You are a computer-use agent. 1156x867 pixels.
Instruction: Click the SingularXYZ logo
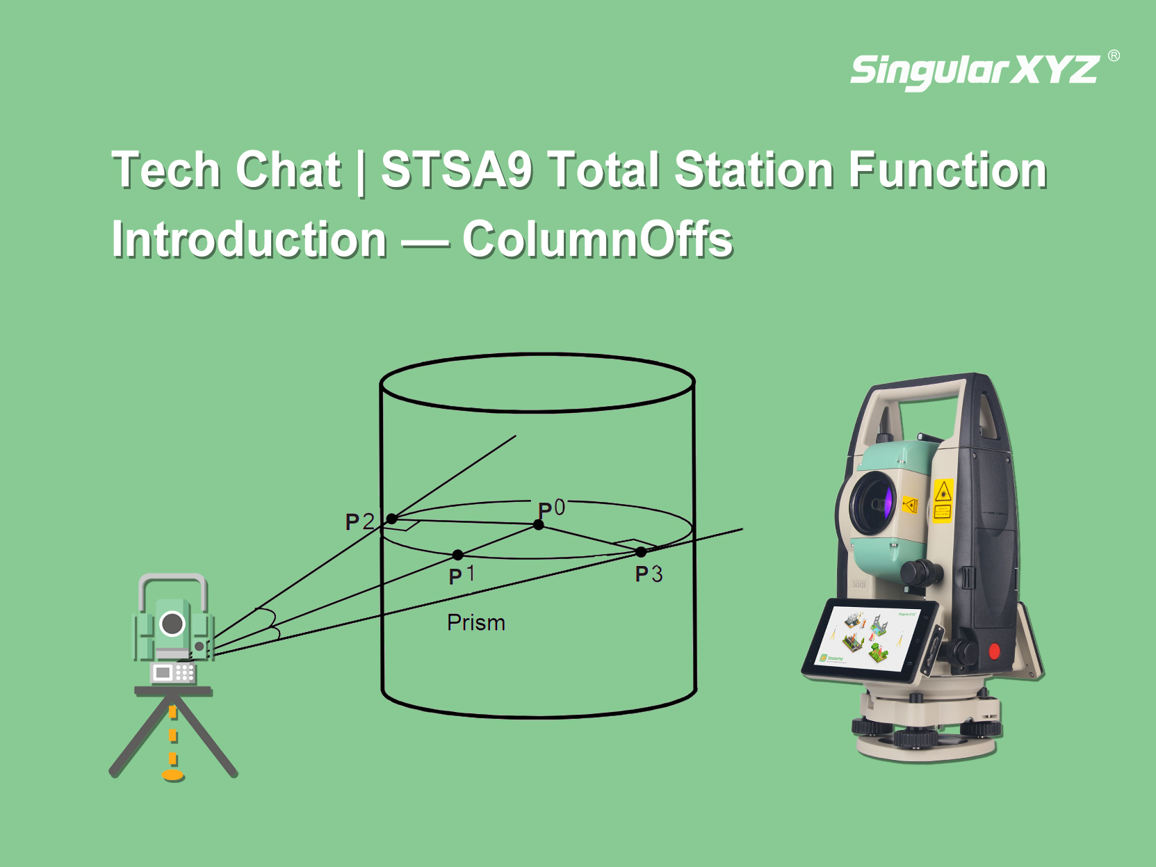click(x=975, y=72)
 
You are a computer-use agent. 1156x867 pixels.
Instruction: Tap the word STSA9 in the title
click(x=457, y=170)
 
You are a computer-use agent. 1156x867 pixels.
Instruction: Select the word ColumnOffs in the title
click(x=598, y=239)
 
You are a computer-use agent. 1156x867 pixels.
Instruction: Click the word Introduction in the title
click(x=249, y=239)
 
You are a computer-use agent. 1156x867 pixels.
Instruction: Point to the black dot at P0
click(x=538, y=525)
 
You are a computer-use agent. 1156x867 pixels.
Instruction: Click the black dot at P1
click(x=457, y=555)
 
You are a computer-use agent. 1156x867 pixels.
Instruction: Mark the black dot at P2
click(x=392, y=519)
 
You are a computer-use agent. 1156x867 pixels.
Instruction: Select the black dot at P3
click(x=641, y=552)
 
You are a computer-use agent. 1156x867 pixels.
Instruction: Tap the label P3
click(x=649, y=574)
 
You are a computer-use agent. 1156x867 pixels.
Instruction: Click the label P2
click(x=359, y=521)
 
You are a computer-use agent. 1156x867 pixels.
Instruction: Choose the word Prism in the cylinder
click(x=476, y=622)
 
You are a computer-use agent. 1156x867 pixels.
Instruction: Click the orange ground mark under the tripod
click(x=173, y=775)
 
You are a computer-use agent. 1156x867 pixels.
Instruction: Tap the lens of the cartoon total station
click(x=172, y=624)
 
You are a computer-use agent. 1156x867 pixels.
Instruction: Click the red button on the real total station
click(x=994, y=651)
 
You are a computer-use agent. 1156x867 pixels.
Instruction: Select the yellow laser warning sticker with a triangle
click(x=943, y=501)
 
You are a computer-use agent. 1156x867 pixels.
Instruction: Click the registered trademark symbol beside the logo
click(x=1114, y=56)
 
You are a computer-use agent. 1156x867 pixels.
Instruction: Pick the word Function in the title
click(x=947, y=170)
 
